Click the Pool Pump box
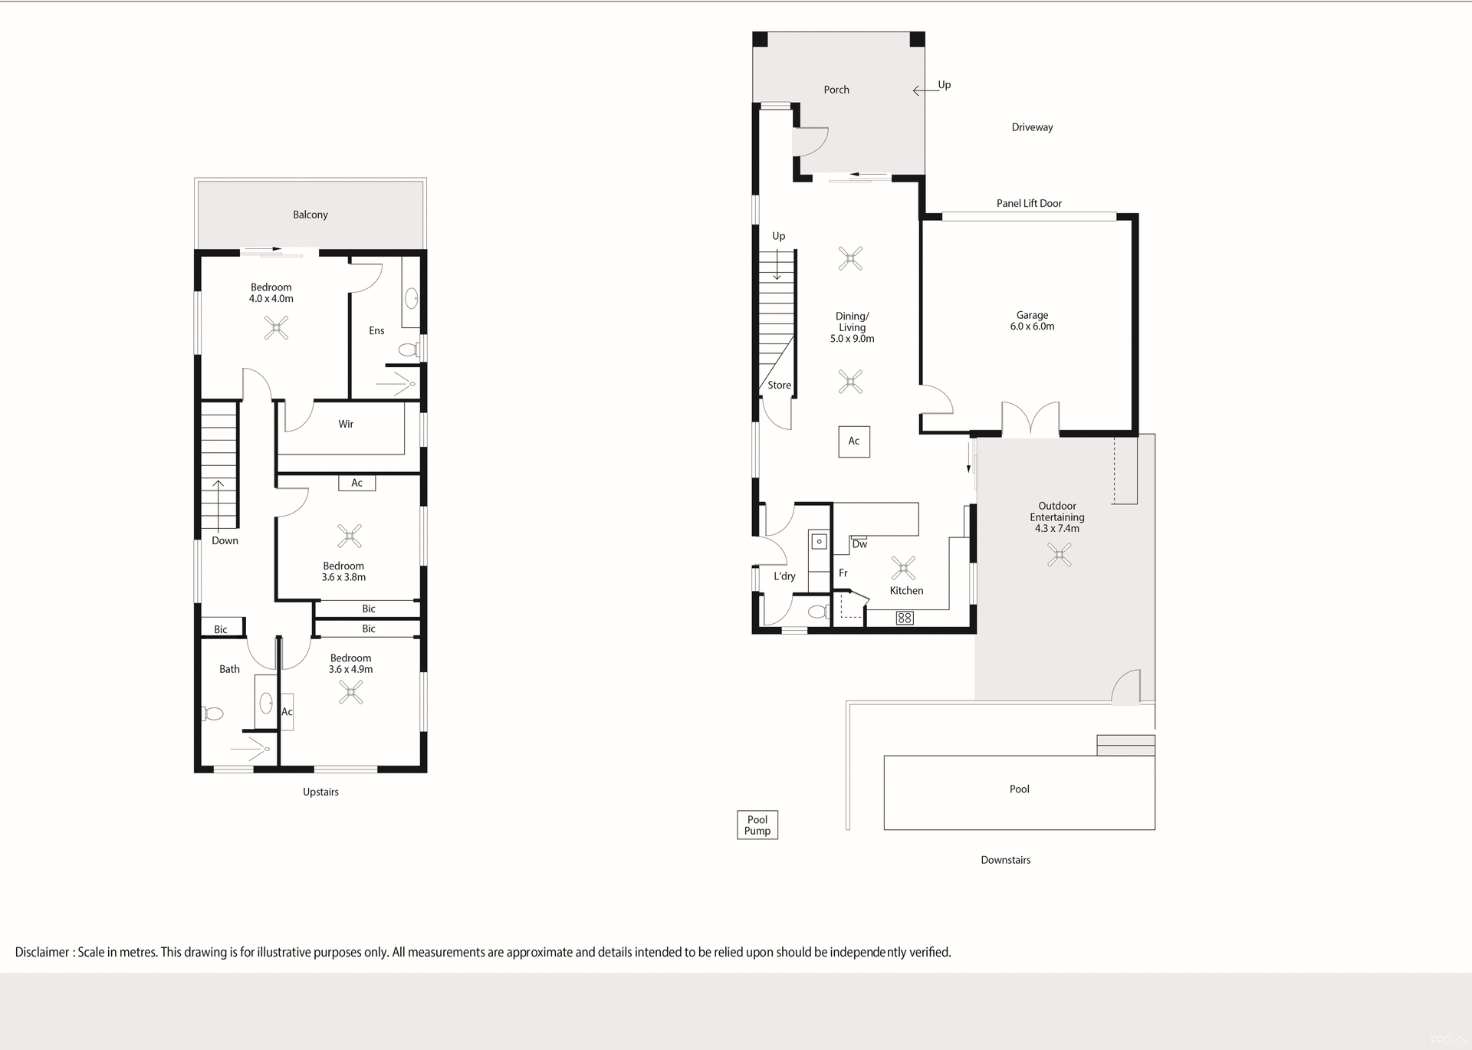pyautogui.click(x=757, y=825)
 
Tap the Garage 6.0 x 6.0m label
pyautogui.click(x=1032, y=320)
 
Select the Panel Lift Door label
pyautogui.click(x=1029, y=203)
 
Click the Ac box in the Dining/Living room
pyautogui.click(x=854, y=441)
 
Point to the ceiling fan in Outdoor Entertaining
pyautogui.click(x=1060, y=555)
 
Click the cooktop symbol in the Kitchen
pyautogui.click(x=905, y=618)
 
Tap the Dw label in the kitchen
pyautogui.click(x=859, y=544)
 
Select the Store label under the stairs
pyautogui.click(x=779, y=386)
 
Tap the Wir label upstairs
pyautogui.click(x=346, y=424)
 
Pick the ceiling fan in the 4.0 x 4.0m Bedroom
pyautogui.click(x=276, y=328)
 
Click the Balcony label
pyautogui.click(x=310, y=215)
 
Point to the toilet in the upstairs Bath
pyautogui.click(x=213, y=714)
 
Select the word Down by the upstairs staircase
pyautogui.click(x=225, y=540)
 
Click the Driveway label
pyautogui.click(x=1032, y=127)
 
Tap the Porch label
pyautogui.click(x=836, y=90)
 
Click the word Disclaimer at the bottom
pyautogui.click(x=42, y=952)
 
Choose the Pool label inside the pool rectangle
pyautogui.click(x=1019, y=789)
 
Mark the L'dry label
pyautogui.click(x=784, y=576)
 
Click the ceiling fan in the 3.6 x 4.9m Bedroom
pyautogui.click(x=351, y=694)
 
